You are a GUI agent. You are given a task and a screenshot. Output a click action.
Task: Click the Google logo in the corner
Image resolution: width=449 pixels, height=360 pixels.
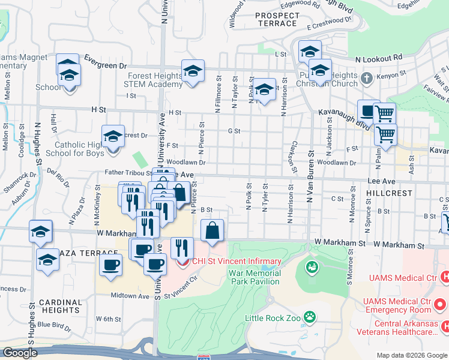20,353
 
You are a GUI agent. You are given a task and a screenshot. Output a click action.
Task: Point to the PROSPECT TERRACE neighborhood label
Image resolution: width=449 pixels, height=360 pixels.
276,19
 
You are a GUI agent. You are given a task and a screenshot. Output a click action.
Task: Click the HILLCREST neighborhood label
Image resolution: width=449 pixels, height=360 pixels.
388,193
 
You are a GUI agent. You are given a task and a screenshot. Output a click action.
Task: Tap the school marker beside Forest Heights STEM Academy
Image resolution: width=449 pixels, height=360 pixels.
193,71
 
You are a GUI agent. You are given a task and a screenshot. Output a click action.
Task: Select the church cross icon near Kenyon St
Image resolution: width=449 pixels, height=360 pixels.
367,78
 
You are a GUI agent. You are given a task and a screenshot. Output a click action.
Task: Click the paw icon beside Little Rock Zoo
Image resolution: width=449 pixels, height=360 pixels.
310,316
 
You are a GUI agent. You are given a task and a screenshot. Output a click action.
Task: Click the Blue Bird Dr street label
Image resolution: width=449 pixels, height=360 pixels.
54,325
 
